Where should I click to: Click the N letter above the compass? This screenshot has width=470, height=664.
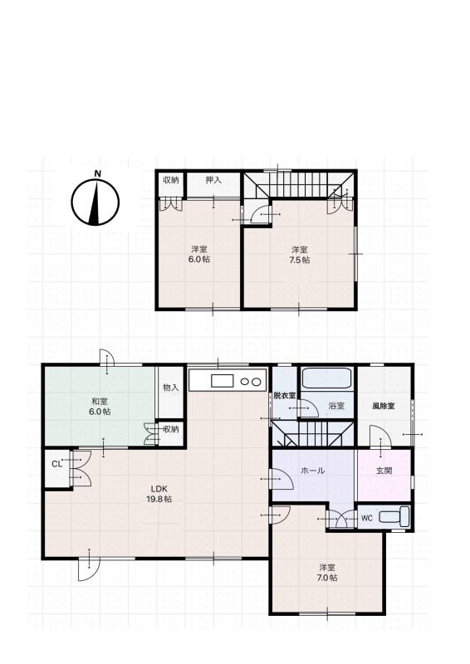(98, 173)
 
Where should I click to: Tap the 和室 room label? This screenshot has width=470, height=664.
(100, 401)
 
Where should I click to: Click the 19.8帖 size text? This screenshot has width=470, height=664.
(159, 499)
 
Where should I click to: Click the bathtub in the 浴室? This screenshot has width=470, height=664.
(326, 378)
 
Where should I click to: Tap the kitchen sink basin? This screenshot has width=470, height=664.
(223, 381)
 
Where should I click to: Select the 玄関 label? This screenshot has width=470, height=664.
(384, 471)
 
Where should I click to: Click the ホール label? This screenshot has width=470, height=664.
(313, 471)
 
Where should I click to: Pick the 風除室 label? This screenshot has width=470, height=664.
(384, 406)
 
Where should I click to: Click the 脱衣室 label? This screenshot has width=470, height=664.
(284, 396)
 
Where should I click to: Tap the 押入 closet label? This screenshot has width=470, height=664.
(213, 180)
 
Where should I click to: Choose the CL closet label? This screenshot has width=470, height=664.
(57, 464)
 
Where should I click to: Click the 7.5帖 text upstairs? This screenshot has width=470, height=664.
(300, 260)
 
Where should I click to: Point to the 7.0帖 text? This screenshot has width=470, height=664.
(327, 578)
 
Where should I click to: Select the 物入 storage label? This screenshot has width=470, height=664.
(171, 388)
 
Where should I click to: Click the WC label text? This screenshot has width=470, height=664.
(367, 518)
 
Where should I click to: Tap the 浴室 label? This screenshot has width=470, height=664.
(336, 406)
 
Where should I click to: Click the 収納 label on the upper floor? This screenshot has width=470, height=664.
(171, 180)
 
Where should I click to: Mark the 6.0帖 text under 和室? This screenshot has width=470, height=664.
(100, 411)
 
